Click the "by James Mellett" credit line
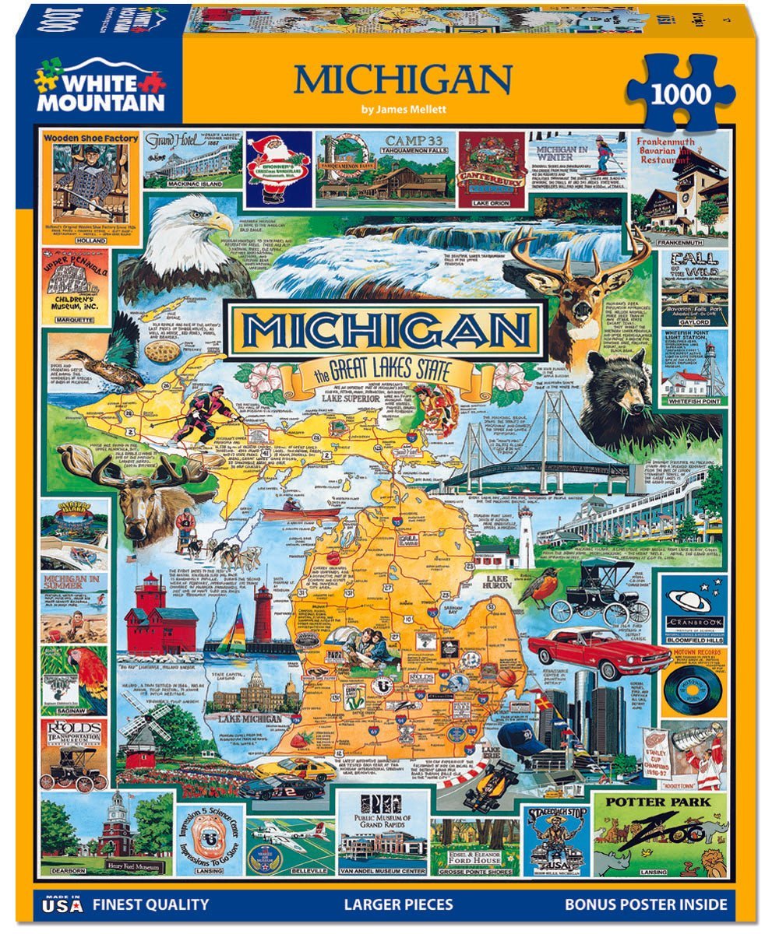(402, 109)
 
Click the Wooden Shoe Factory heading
(90, 139)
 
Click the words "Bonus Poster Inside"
(646, 904)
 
